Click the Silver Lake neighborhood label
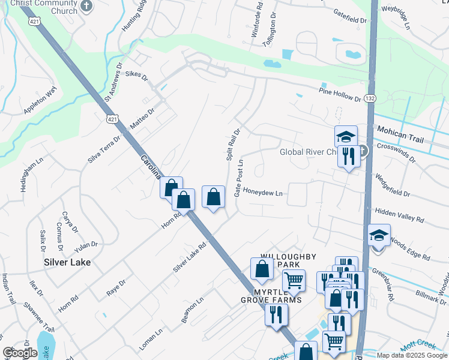click(x=67, y=262)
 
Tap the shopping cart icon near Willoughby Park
click(x=294, y=280)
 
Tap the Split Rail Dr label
click(x=234, y=144)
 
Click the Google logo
click(x=20, y=353)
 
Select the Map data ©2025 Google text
click(x=412, y=355)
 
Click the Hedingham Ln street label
click(x=25, y=175)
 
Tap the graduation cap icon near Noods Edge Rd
click(x=379, y=235)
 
